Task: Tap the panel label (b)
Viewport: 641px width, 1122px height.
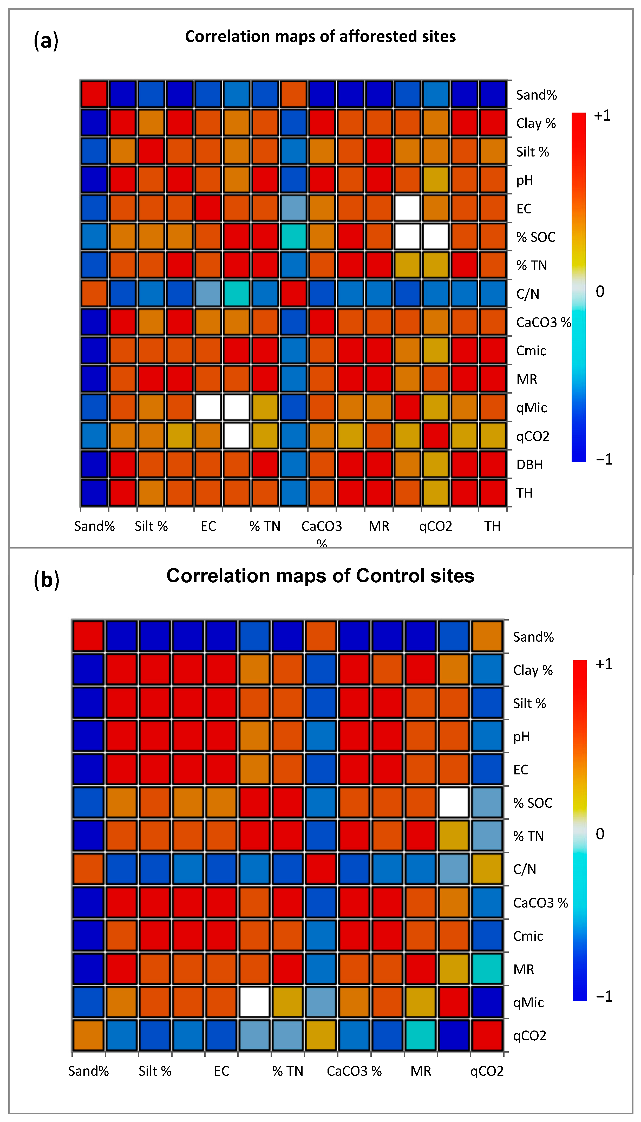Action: (46, 580)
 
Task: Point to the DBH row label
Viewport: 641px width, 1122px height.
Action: (529, 464)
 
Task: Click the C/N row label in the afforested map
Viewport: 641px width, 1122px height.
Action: (527, 293)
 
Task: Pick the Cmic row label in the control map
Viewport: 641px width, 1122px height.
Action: (528, 936)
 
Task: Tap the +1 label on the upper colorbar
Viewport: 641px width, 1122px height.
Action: (602, 116)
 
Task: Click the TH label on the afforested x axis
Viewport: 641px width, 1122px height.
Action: (492, 526)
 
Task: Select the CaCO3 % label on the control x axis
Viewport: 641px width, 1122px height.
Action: (354, 1071)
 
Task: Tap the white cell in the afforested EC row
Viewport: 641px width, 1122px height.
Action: (407, 208)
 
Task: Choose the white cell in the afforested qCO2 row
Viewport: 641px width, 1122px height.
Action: (237, 436)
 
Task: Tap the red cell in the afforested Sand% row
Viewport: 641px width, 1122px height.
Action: (94, 94)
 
